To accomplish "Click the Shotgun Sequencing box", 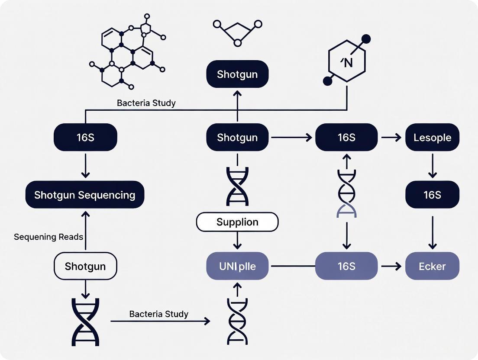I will click(85, 195).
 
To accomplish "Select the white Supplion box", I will click(237, 222).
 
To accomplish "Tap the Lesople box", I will click(432, 138).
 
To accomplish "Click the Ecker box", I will click(432, 266).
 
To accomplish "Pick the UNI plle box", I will click(237, 266).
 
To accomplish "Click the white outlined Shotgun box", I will click(85, 266).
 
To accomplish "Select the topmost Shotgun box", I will click(237, 74).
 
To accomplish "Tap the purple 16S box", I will click(346, 266).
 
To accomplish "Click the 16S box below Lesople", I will click(432, 195).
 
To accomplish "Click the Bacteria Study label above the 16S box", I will click(146, 103).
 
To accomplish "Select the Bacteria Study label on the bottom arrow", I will click(159, 314).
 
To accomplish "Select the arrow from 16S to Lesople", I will click(391, 138).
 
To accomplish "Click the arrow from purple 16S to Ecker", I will click(391, 266).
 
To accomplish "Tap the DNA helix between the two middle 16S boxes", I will click(346, 193).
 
